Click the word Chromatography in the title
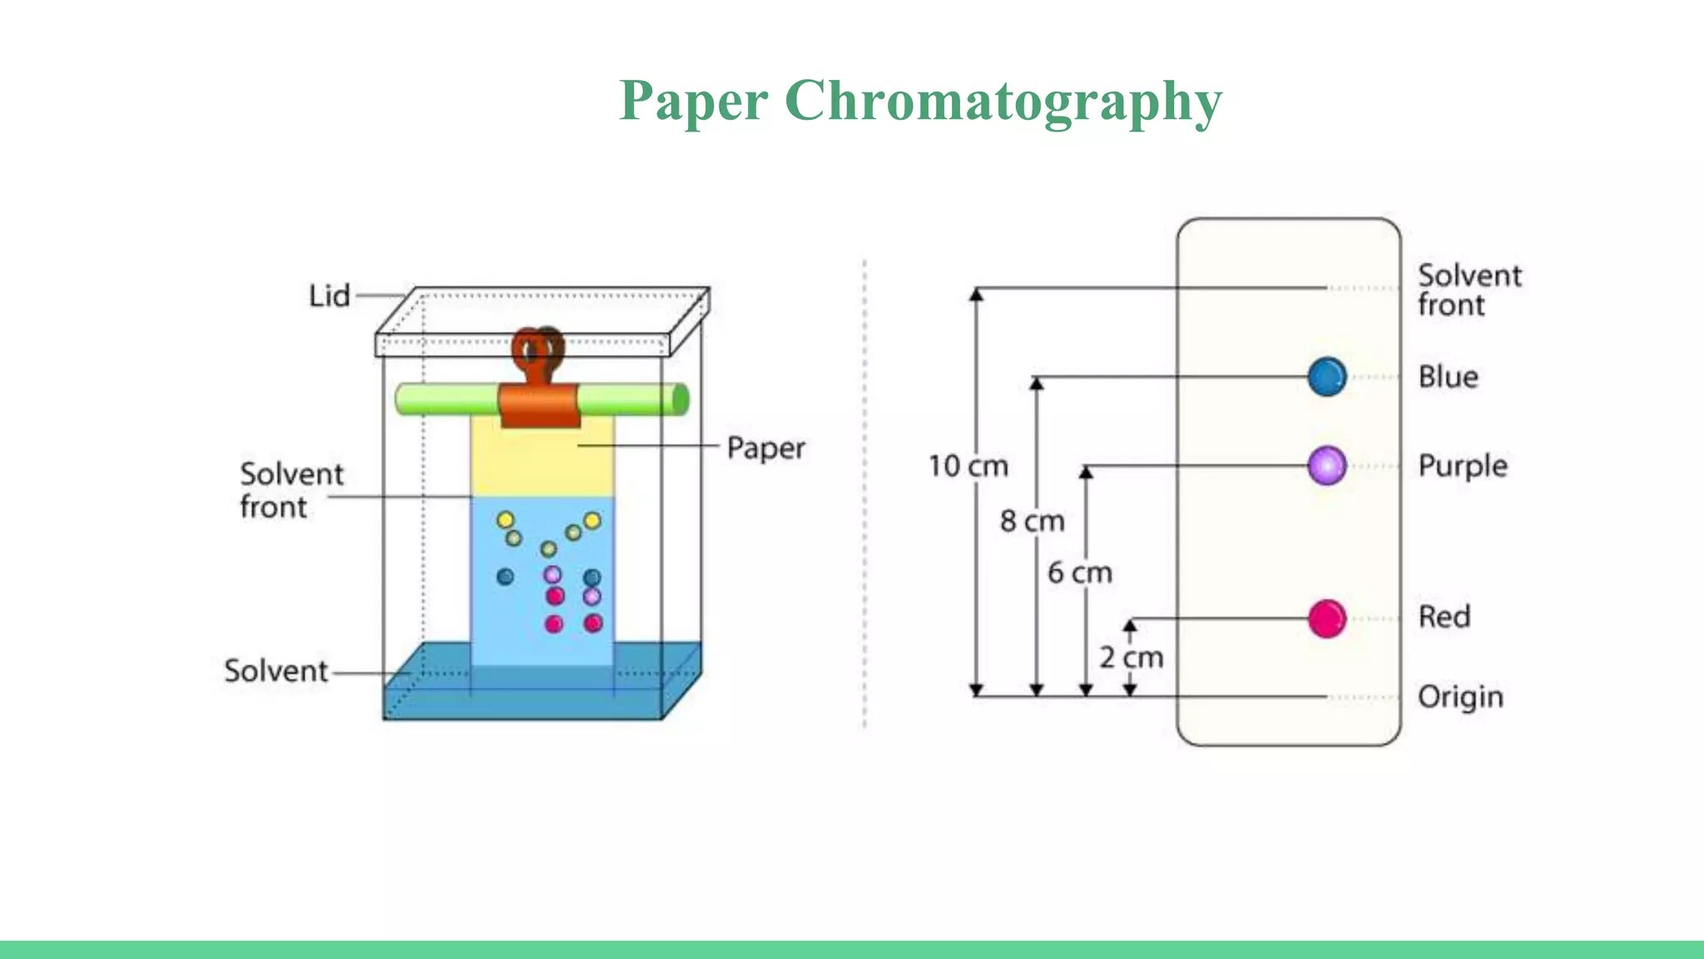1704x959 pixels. point(1003,101)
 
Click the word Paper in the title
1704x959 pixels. point(693,101)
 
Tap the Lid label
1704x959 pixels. point(329,296)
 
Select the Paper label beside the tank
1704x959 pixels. point(765,448)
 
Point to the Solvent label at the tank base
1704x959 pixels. point(276,671)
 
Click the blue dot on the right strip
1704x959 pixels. point(1326,377)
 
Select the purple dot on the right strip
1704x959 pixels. point(1326,465)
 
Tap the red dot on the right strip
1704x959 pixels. point(1326,619)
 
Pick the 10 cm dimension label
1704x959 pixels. point(968,466)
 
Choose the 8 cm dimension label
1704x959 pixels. point(1032,521)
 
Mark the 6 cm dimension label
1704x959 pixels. point(1079,573)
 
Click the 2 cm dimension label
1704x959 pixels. point(1131,658)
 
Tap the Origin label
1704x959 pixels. point(1460,697)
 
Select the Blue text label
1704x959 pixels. point(1448,377)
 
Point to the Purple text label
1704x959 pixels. point(1462,465)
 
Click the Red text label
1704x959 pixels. point(1444,617)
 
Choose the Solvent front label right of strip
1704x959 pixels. point(1469,290)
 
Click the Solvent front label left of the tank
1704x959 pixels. point(290,490)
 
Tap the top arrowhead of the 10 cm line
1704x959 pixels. point(977,294)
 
